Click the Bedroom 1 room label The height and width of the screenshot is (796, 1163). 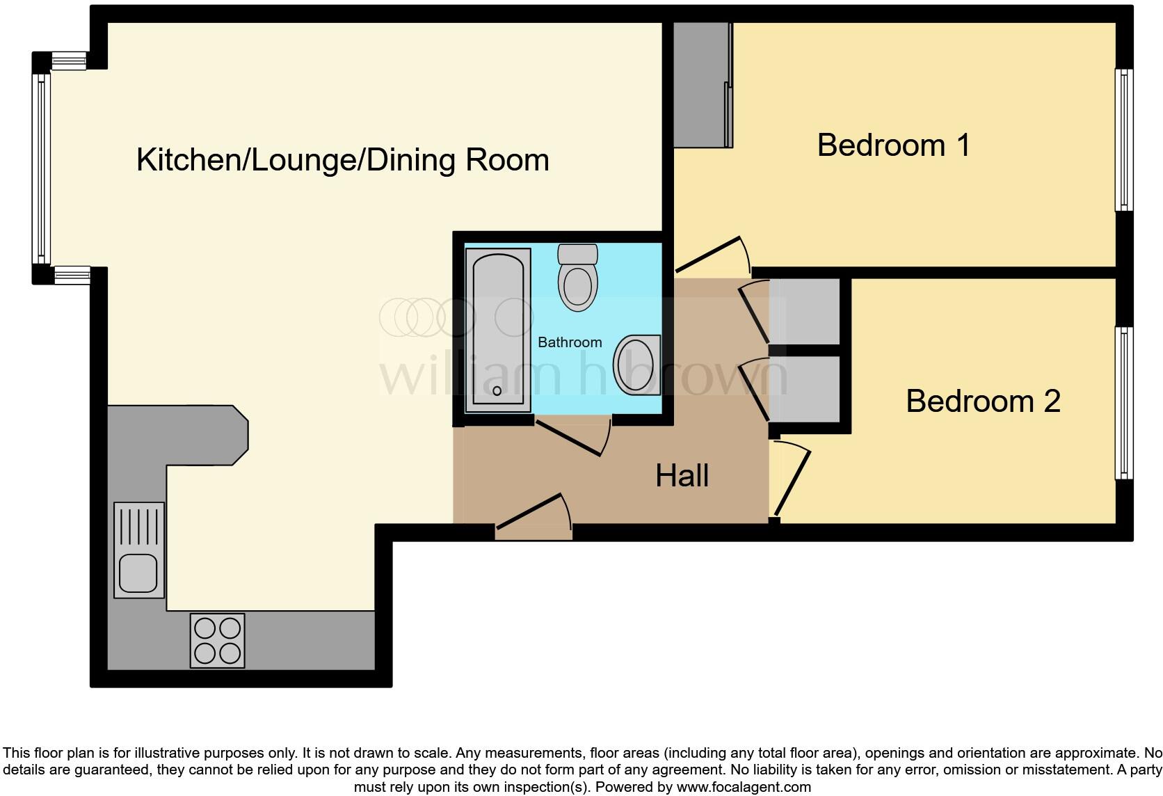(x=893, y=145)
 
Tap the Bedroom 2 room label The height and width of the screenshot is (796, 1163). (x=983, y=401)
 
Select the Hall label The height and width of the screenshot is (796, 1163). (x=682, y=476)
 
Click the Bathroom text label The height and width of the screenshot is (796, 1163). (x=570, y=342)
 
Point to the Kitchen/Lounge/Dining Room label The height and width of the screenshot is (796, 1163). (x=343, y=160)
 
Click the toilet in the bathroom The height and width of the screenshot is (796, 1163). (x=578, y=278)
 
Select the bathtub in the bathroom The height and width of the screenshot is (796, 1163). (x=497, y=331)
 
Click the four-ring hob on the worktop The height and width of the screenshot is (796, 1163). (x=218, y=641)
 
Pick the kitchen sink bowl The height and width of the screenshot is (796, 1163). (x=138, y=572)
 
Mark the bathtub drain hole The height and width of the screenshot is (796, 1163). (x=497, y=391)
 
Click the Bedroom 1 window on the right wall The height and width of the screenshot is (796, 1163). (x=1123, y=139)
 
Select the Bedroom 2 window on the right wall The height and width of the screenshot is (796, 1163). (x=1123, y=402)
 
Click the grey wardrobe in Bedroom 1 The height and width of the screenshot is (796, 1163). (x=703, y=85)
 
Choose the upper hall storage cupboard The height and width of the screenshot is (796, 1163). (x=805, y=311)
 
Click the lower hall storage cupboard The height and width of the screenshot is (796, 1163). (x=805, y=389)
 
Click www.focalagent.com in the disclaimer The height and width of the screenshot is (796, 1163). (x=743, y=788)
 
